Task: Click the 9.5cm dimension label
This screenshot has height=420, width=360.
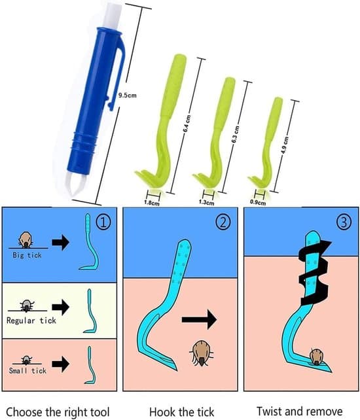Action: tap(128, 96)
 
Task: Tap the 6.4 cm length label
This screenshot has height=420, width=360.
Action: tap(187, 124)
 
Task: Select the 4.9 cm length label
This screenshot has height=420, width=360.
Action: tap(285, 145)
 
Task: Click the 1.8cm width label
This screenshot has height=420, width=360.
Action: tap(152, 203)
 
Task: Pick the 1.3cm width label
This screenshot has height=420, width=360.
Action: tap(206, 202)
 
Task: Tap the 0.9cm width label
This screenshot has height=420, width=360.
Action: tap(258, 203)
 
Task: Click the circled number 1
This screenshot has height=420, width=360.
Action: tap(103, 222)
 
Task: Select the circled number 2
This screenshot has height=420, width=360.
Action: tap(223, 222)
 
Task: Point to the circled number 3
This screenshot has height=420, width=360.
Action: tap(344, 222)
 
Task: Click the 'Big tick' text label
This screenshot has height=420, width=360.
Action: tap(27, 255)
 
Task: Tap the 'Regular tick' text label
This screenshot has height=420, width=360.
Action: tap(31, 321)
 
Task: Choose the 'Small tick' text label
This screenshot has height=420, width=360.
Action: tap(27, 370)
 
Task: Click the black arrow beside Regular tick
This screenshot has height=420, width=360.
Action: tap(61, 307)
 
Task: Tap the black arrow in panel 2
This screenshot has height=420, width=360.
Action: tap(199, 319)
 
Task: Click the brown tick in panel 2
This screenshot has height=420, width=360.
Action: tap(201, 353)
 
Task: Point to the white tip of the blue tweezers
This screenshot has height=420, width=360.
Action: tap(75, 186)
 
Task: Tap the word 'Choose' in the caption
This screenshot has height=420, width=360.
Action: tap(24, 412)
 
